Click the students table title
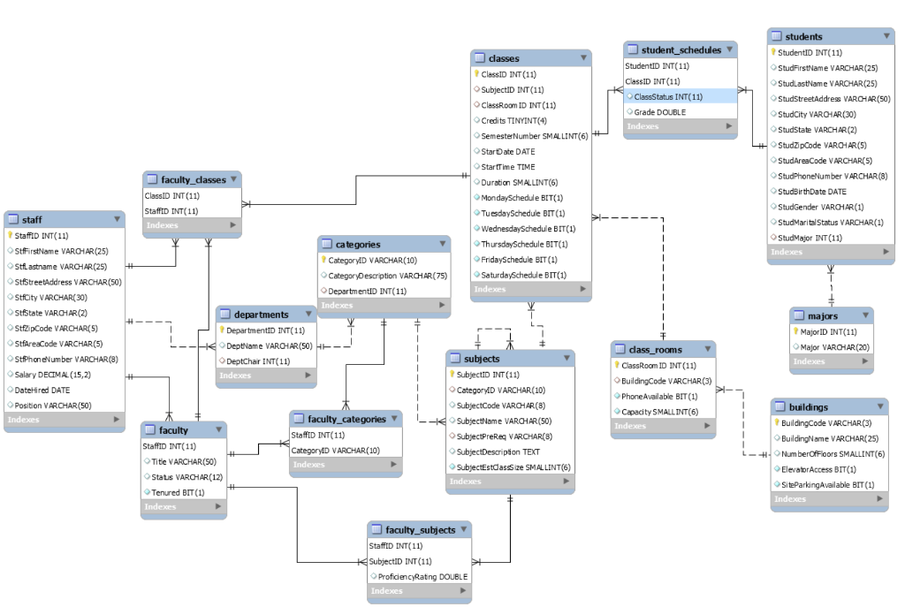point(803,37)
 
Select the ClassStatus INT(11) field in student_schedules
point(668,97)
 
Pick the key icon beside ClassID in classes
point(476,74)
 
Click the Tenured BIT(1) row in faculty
point(178,493)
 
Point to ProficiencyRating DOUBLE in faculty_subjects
point(422,577)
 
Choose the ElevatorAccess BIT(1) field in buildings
point(818,470)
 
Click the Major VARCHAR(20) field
point(834,347)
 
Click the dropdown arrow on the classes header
point(583,57)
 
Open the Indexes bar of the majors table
point(831,361)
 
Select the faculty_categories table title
point(346,420)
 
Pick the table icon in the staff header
point(13,220)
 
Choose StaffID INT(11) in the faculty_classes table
point(171,212)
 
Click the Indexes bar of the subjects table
point(510,482)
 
